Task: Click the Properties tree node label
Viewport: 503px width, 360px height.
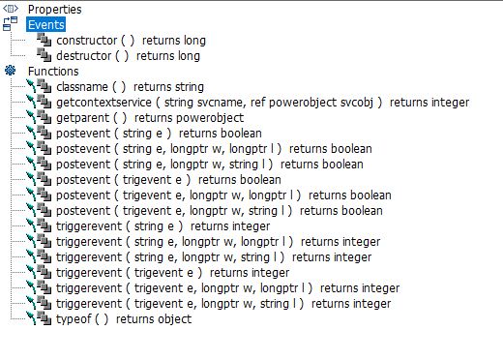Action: (55, 10)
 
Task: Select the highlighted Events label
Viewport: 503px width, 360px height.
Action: (46, 25)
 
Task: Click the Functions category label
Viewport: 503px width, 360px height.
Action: (53, 72)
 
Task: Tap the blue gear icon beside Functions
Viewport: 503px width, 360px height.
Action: (11, 71)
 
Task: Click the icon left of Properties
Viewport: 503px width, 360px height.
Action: (11, 9)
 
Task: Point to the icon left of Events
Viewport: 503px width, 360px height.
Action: (10, 24)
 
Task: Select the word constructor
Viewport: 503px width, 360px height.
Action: (86, 41)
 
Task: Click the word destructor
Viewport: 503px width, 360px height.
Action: (83, 56)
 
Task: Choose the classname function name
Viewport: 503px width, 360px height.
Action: (82, 87)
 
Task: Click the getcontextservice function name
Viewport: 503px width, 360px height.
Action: (104, 103)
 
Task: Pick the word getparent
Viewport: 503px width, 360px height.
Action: (83, 118)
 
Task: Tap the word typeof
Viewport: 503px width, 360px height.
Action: (74, 319)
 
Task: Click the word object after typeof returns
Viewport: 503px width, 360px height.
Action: (176, 319)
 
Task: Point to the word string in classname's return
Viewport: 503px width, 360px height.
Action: (189, 87)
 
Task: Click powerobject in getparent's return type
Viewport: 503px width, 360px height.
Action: (210, 118)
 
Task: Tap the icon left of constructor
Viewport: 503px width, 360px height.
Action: (44, 40)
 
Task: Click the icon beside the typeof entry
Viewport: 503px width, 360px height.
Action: (39, 318)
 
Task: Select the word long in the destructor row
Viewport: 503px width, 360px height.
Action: (189, 56)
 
